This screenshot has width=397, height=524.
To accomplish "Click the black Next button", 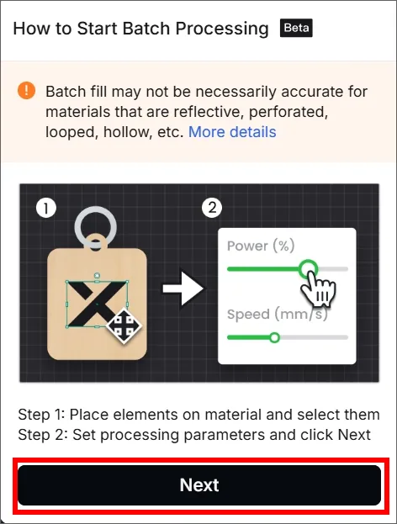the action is pyautogui.click(x=199, y=485).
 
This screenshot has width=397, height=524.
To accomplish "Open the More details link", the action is pyautogui.click(x=232, y=132).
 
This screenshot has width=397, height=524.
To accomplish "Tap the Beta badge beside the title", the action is pyautogui.click(x=296, y=28).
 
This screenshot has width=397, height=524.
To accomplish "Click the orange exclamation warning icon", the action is pyautogui.click(x=26, y=91).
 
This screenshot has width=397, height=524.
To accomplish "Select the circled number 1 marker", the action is pyautogui.click(x=46, y=209).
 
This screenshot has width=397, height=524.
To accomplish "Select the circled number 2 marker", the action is pyautogui.click(x=212, y=208).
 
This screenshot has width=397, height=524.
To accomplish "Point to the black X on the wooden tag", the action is pyautogui.click(x=97, y=304).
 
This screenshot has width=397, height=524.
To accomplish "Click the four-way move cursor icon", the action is pyautogui.click(x=124, y=326).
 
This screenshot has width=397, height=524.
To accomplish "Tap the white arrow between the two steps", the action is pyautogui.click(x=183, y=288).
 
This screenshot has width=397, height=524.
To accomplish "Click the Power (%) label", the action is pyautogui.click(x=261, y=246).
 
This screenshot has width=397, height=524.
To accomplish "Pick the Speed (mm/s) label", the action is pyautogui.click(x=277, y=314).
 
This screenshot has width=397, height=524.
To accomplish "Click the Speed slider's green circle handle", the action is pyautogui.click(x=274, y=337).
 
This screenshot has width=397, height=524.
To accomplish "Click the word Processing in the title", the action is pyautogui.click(x=222, y=29).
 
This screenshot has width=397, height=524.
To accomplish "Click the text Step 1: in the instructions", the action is pyautogui.click(x=42, y=415).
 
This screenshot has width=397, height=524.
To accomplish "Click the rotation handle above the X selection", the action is pyautogui.click(x=97, y=276).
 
